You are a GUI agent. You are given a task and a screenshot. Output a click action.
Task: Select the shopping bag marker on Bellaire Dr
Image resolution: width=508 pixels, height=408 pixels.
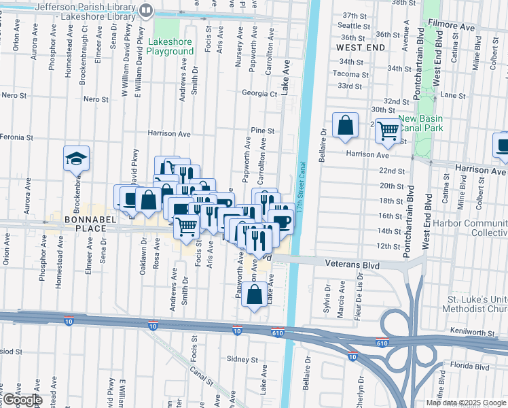[x=346, y=125]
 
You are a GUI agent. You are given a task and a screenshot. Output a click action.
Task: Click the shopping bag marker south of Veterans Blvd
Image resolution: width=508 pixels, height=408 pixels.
[x=255, y=294]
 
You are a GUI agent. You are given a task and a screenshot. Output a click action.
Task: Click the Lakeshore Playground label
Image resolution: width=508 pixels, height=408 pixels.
[x=171, y=46]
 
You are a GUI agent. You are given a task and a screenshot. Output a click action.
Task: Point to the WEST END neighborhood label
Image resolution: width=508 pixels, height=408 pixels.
[x=360, y=48]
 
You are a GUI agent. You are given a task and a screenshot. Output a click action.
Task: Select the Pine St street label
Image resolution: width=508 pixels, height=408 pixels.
[x=262, y=131]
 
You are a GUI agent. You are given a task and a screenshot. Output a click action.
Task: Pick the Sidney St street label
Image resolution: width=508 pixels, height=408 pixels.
[x=238, y=359]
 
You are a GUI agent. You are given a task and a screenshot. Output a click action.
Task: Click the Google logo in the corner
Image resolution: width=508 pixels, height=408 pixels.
[x=22, y=400]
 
